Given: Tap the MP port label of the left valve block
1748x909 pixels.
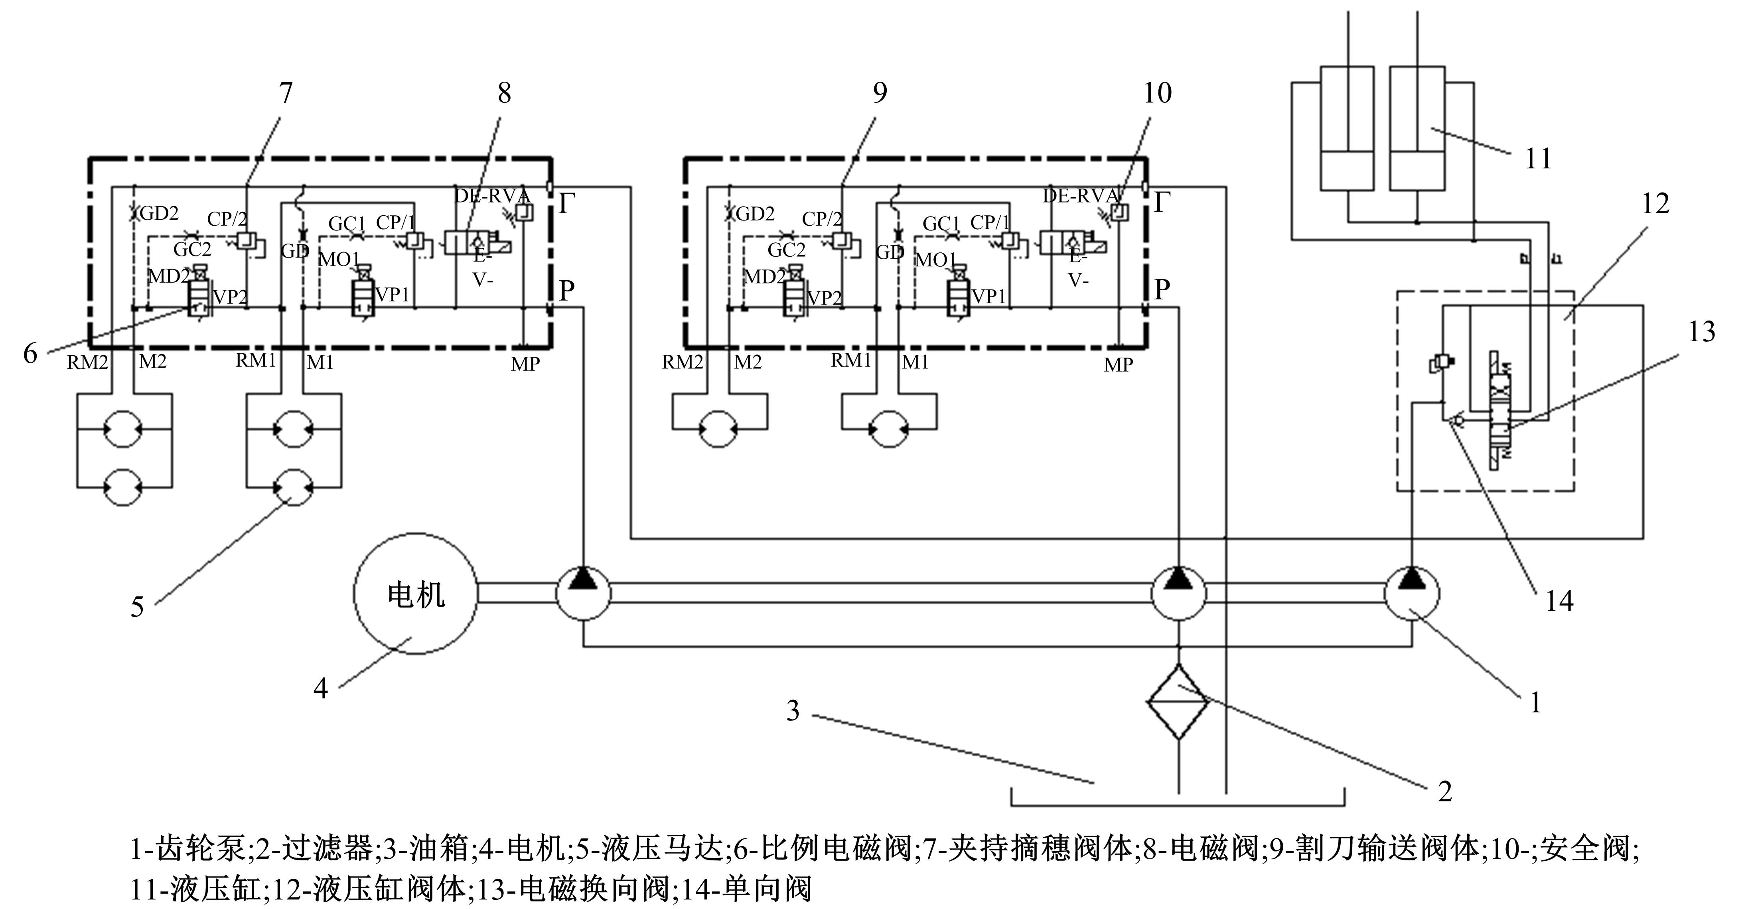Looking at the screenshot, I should coord(525,364).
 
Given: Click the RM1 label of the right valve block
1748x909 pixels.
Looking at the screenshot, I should coord(850,360).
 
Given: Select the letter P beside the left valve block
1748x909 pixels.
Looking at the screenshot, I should coord(566,291).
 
